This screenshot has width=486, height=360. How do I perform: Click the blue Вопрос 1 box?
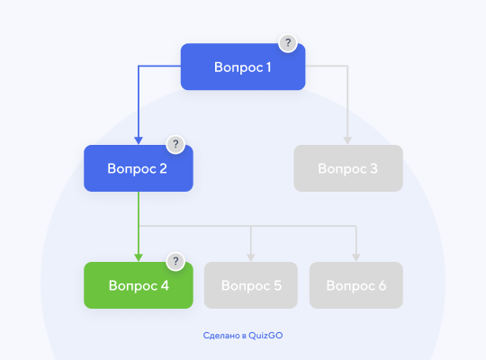243,67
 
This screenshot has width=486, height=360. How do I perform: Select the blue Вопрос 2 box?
138,168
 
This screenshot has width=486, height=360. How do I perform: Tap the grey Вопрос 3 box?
347,168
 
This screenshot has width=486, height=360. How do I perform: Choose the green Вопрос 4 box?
138,286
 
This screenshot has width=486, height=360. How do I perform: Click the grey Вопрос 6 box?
356,286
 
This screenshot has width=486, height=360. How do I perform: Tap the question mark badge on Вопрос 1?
287,42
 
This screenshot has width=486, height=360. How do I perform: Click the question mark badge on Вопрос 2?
175,144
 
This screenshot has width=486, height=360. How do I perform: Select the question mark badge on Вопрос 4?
175,262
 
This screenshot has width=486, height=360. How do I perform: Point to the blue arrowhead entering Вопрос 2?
139,140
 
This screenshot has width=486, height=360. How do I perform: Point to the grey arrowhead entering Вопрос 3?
347,140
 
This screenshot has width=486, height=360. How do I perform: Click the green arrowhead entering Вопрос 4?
139,257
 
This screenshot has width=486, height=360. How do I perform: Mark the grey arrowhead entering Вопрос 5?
251,257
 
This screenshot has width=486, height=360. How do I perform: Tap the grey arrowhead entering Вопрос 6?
356,257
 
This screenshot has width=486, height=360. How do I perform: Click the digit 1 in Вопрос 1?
268,67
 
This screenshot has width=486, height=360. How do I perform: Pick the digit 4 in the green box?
164,286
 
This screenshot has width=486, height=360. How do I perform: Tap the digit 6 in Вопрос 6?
382,286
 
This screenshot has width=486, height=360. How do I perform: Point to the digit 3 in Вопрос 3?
373,168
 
